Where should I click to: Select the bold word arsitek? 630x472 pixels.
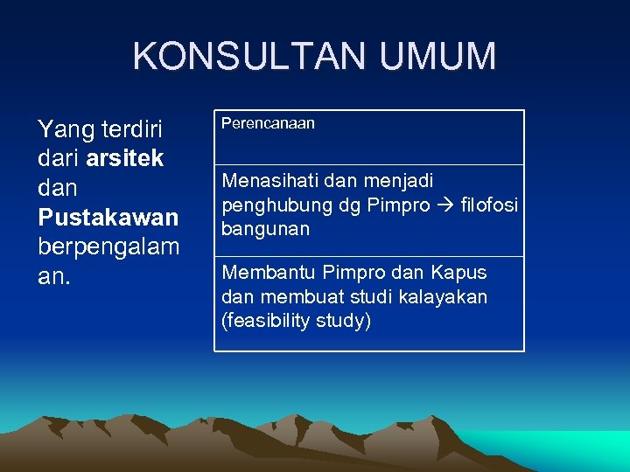[x=125, y=158]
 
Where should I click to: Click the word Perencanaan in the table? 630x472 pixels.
[x=268, y=124]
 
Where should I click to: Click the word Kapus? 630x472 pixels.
[x=458, y=273]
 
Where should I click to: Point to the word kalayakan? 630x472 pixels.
[x=445, y=297]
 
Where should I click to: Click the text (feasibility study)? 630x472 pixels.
[x=297, y=321]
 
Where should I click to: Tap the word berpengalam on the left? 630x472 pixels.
[x=108, y=246]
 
